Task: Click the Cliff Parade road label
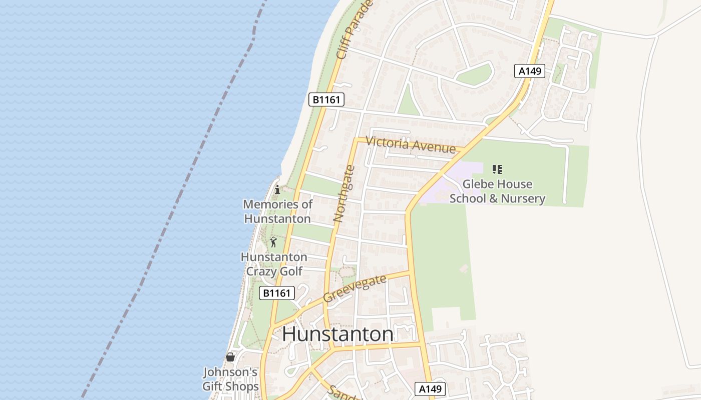point(355,30)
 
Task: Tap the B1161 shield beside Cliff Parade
point(326,99)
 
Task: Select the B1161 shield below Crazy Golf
point(276,293)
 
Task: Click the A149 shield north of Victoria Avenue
point(530,71)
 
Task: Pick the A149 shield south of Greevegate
point(430,389)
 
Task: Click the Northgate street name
point(344,193)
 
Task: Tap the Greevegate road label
point(355,288)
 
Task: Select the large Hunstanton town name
point(337,334)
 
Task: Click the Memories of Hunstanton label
point(277,211)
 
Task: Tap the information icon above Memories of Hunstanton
point(277,189)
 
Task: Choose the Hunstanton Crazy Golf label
point(274,264)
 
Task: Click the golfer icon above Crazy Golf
point(273,242)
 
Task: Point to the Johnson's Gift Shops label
point(230,379)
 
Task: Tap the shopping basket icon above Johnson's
point(230,357)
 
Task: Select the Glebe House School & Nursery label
point(497,191)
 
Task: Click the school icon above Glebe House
point(497,169)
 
